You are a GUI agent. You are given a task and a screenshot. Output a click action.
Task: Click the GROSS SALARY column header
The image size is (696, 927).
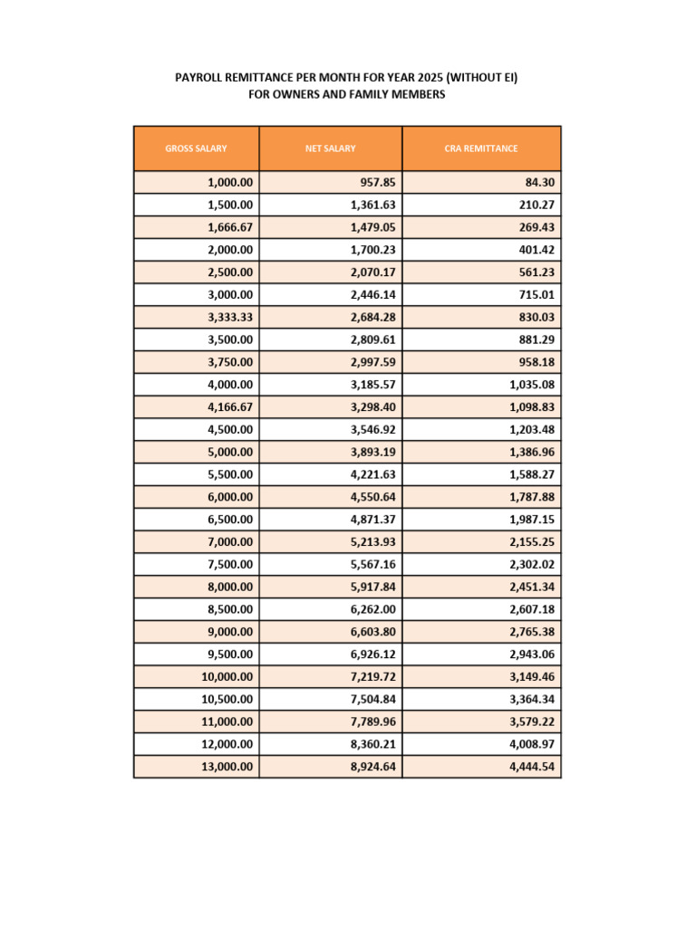pos(196,148)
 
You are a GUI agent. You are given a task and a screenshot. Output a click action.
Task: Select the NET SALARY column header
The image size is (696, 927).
pos(331,148)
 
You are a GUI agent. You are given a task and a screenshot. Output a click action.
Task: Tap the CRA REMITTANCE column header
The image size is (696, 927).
pos(481,148)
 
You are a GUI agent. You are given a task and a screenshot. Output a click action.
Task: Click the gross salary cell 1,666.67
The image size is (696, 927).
pos(230,227)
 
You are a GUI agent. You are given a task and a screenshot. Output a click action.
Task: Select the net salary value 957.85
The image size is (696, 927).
pos(378,182)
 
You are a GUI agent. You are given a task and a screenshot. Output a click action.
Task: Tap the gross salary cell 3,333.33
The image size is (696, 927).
pos(230,317)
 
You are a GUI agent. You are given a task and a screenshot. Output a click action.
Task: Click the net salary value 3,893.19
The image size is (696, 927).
pos(372,452)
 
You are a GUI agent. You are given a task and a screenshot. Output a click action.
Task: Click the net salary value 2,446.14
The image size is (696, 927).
pos(372,295)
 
